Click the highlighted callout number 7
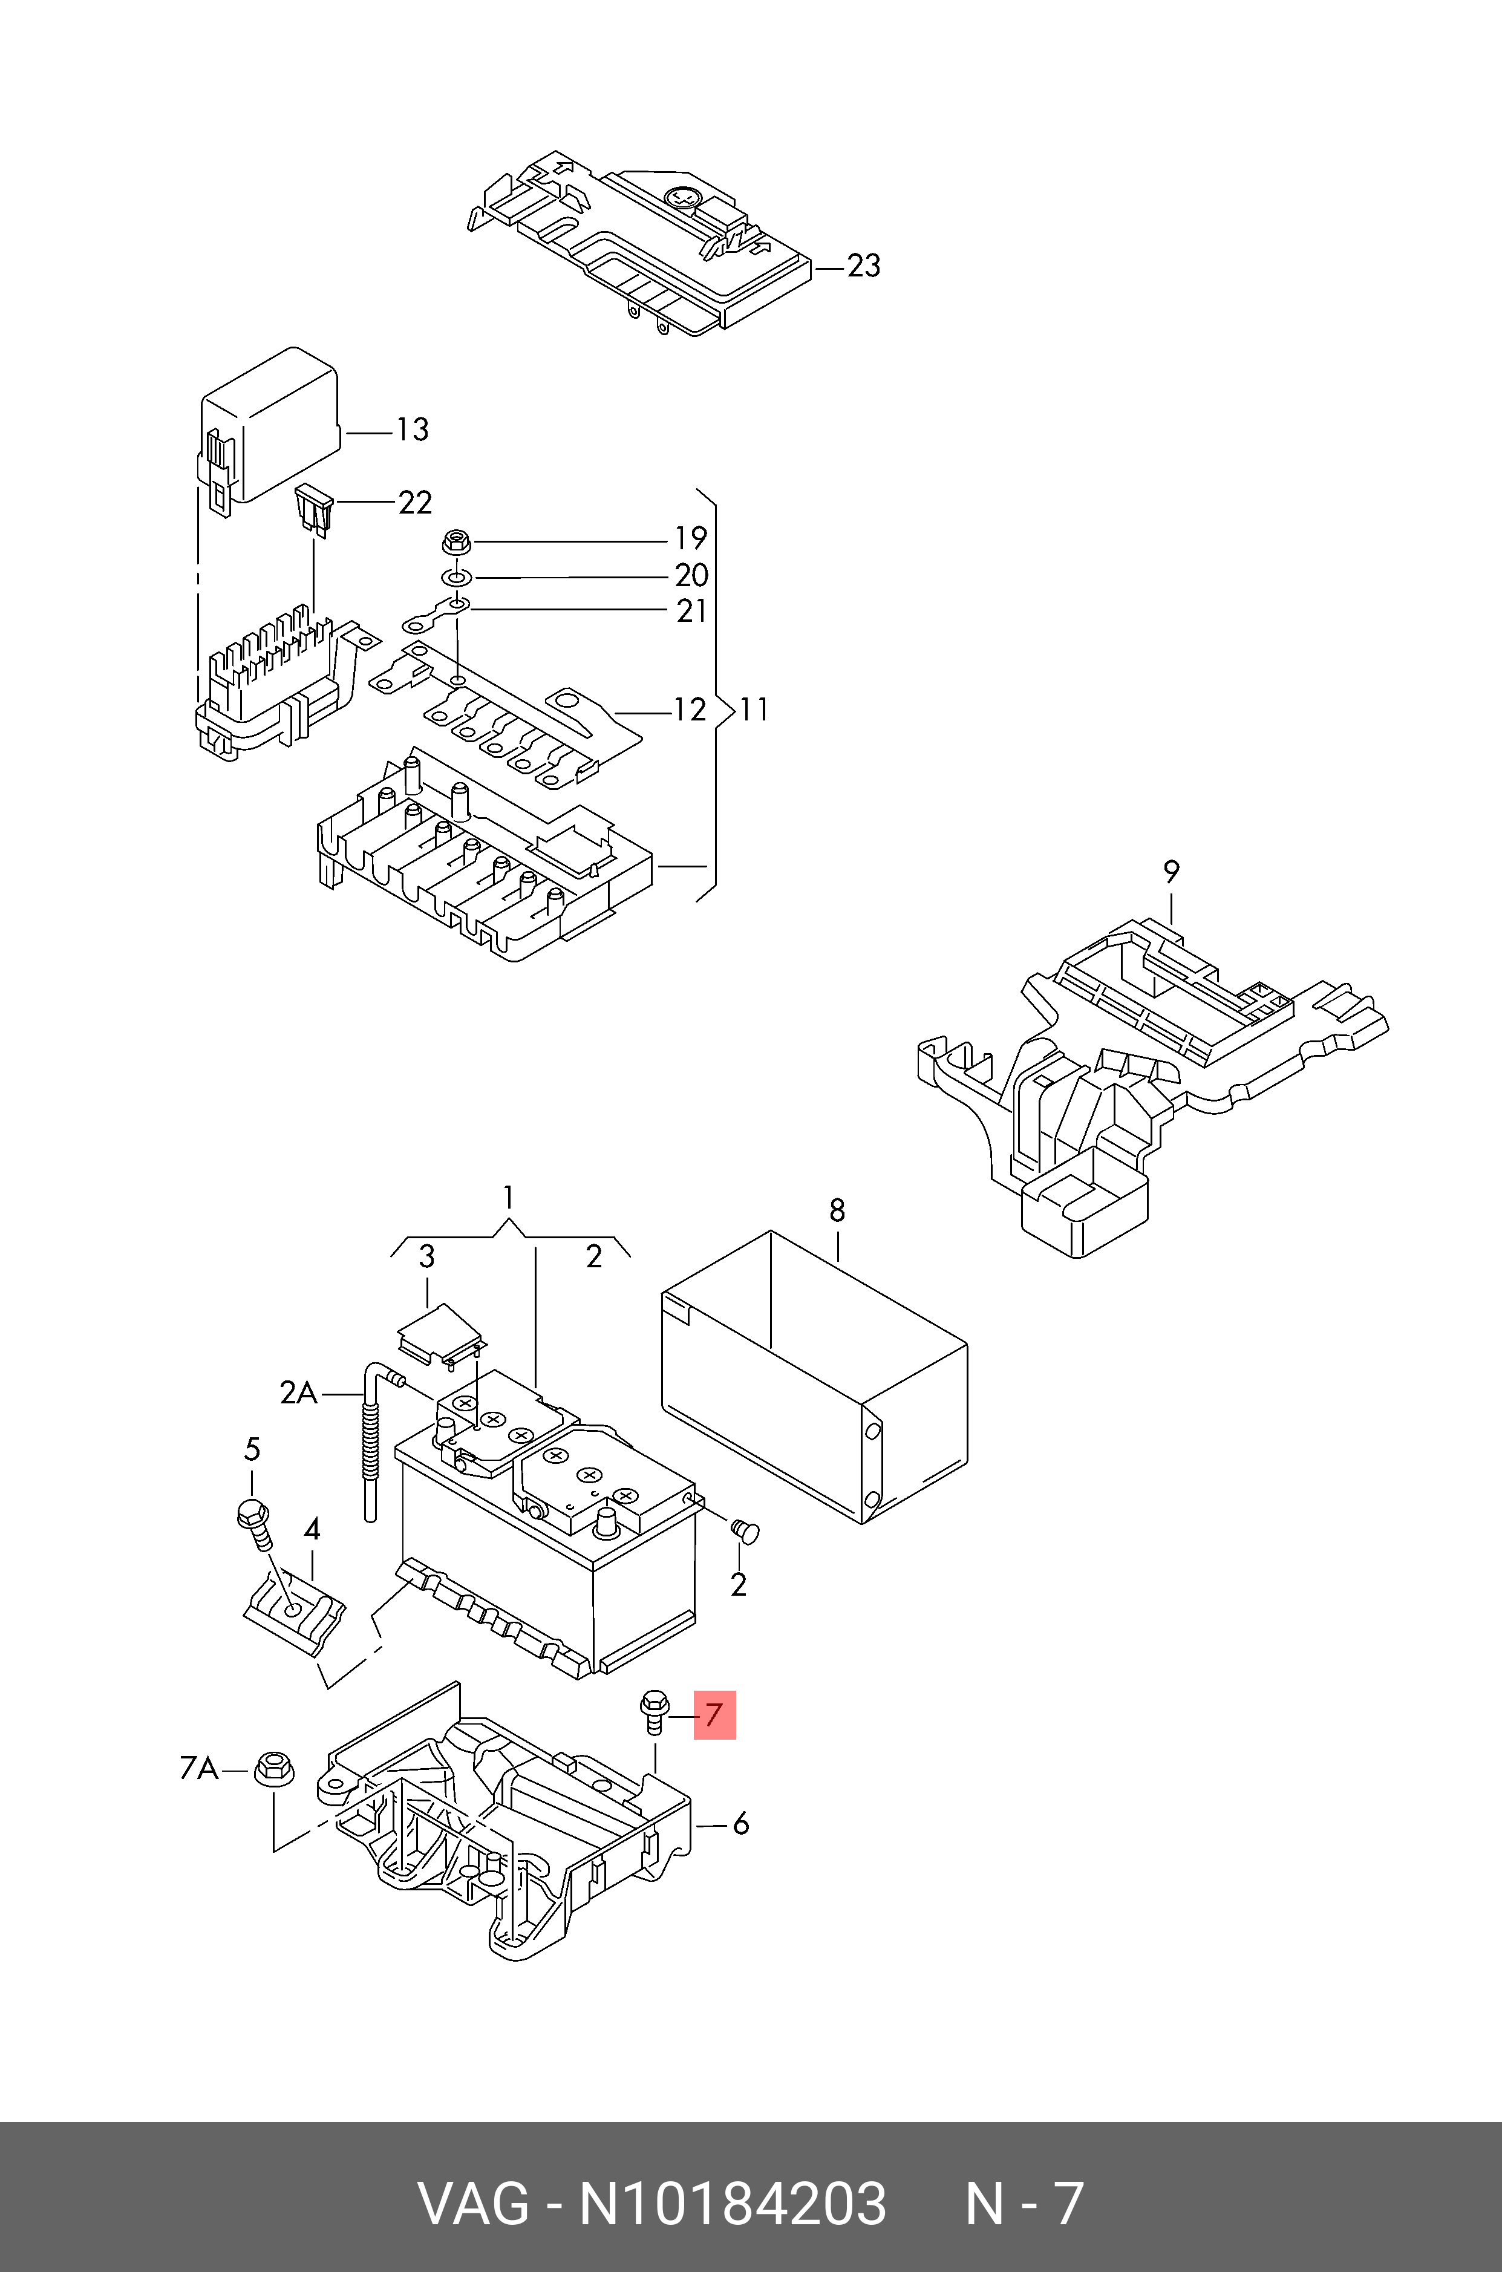[714, 1714]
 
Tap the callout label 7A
[199, 1768]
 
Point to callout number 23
[863, 266]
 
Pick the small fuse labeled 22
[314, 507]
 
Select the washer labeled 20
[456, 578]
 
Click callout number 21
[691, 610]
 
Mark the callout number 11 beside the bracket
[754, 709]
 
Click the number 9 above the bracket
[1171, 872]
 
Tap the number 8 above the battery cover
[837, 1211]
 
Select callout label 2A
[298, 1392]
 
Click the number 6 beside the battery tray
[740, 1824]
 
